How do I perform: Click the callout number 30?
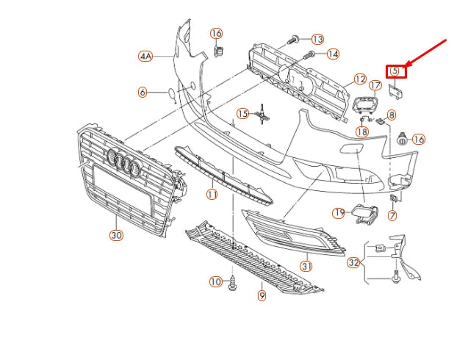(x=116, y=236)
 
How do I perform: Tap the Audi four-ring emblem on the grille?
(x=123, y=163)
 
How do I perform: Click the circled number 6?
(x=143, y=92)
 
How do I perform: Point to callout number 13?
(x=317, y=39)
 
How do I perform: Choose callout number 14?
(x=333, y=54)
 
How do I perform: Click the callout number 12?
(x=359, y=79)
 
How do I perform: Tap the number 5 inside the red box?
(x=395, y=71)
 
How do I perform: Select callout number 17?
(x=375, y=86)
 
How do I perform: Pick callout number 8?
(x=392, y=115)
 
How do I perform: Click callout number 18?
(x=361, y=132)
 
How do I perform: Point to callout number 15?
(x=242, y=113)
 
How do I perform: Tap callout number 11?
(x=212, y=195)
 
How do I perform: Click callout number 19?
(x=339, y=213)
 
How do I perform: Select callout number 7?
(x=392, y=215)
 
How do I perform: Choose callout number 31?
(x=306, y=265)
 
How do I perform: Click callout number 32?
(x=354, y=262)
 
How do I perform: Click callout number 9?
(x=262, y=295)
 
